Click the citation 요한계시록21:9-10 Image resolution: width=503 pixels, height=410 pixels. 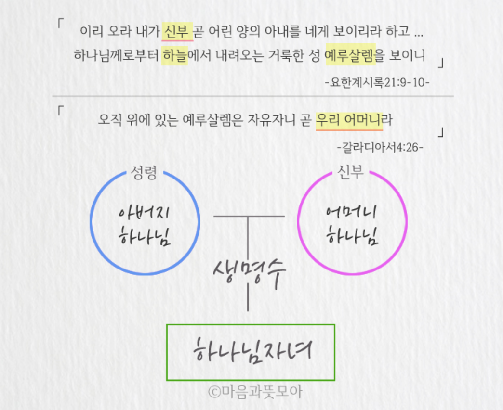(x=377, y=82)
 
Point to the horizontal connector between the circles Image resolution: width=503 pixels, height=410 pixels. (x=249, y=217)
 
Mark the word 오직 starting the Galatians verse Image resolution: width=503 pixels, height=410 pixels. (x=110, y=120)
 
